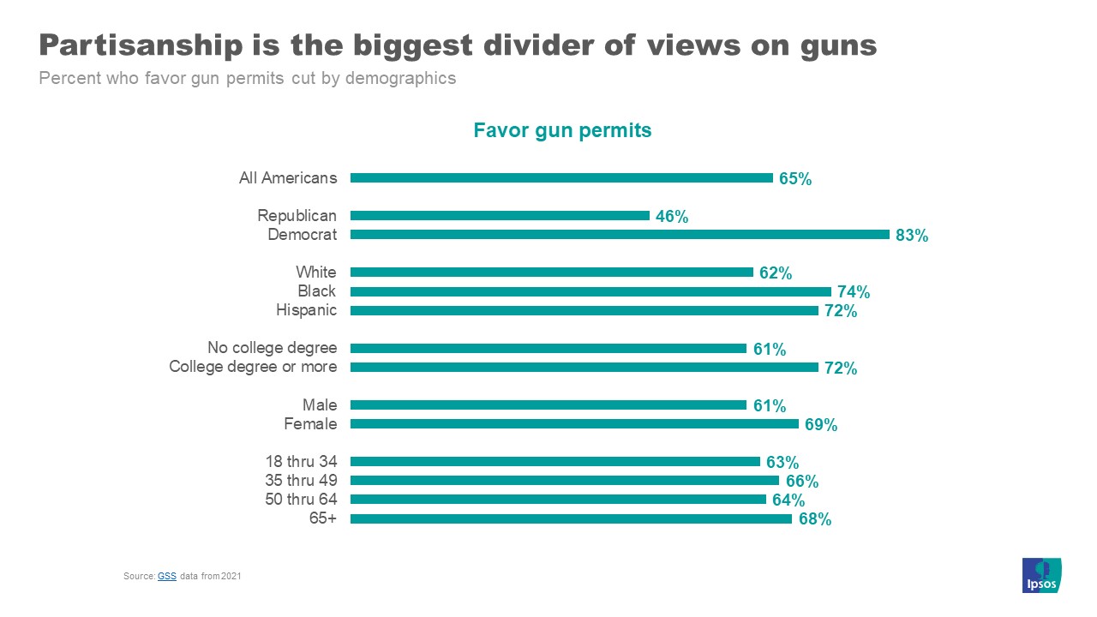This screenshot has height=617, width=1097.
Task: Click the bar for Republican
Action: click(x=500, y=216)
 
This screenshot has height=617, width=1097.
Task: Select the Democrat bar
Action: click(x=620, y=234)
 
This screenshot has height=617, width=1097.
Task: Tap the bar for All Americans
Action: click(x=561, y=178)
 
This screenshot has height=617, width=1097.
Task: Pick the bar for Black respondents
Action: click(x=590, y=291)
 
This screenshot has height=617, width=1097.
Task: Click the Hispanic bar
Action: click(x=584, y=310)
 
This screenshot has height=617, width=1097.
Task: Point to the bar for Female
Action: click(x=574, y=423)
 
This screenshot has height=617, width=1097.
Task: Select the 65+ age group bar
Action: click(x=571, y=518)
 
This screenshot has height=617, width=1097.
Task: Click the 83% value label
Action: click(x=912, y=236)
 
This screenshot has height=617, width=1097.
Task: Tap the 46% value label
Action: click(x=672, y=217)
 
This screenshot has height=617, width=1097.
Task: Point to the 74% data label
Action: click(x=854, y=292)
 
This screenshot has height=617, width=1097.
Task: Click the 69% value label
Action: click(x=820, y=424)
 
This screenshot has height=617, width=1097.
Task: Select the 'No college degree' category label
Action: click(x=272, y=348)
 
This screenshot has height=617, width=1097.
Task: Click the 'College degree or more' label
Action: click(x=253, y=367)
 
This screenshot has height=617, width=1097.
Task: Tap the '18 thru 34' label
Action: click(x=301, y=461)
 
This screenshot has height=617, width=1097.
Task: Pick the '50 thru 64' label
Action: click(x=301, y=500)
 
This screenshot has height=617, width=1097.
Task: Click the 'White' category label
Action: click(x=316, y=273)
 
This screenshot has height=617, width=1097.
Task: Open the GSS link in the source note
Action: click(x=166, y=577)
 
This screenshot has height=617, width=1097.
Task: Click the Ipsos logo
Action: click(x=1042, y=575)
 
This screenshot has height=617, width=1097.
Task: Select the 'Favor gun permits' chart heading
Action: click(x=562, y=130)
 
